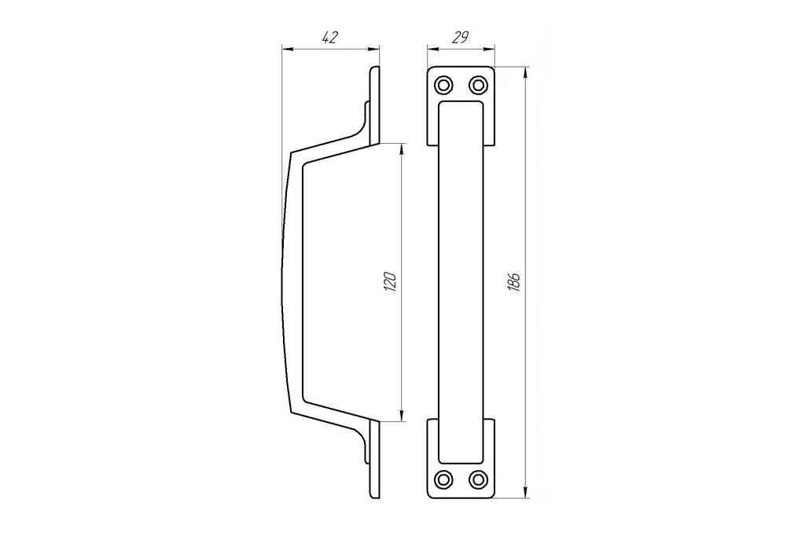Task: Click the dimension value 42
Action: [329, 38]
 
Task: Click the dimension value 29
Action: [461, 38]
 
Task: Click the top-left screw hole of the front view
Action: [443, 85]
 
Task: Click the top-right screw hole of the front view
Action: [478, 85]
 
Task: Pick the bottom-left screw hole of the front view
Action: [443, 479]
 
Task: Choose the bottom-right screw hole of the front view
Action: [478, 479]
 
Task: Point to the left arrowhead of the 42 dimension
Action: [288, 50]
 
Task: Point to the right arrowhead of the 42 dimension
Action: [374, 50]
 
